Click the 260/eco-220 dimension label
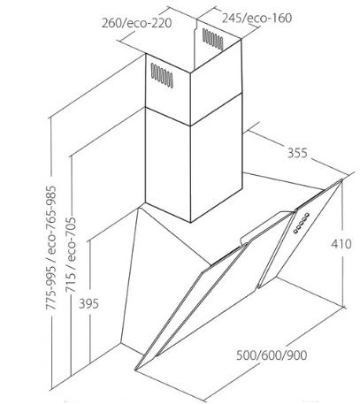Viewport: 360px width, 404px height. (136, 23)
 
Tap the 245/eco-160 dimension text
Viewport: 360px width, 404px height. (257, 18)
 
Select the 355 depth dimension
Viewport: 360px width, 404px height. (297, 153)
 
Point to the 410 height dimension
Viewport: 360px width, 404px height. (341, 244)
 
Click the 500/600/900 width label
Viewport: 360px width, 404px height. (272, 355)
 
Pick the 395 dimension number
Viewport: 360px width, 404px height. (88, 303)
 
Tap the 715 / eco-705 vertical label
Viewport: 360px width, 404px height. (71, 255)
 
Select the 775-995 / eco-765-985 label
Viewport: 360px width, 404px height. (50, 248)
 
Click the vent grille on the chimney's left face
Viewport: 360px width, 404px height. (162, 76)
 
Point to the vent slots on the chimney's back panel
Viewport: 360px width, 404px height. (213, 39)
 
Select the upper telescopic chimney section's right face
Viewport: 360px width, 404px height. (216, 82)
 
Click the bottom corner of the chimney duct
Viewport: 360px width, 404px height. (190, 222)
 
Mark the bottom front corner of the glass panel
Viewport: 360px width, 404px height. (136, 370)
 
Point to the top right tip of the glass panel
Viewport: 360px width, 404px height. (342, 179)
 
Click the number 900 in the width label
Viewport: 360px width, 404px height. (296, 355)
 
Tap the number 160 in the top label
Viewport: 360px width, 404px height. (282, 18)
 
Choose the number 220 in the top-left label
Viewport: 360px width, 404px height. (162, 23)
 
